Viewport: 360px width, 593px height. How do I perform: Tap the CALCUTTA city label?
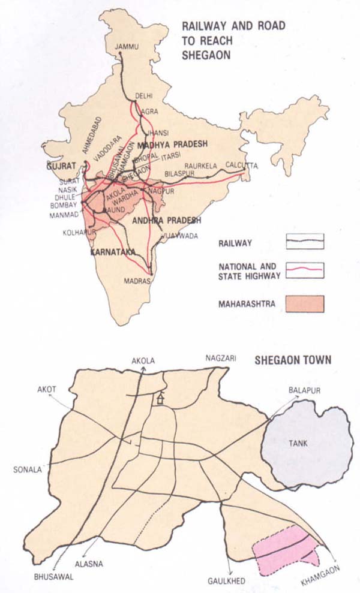[x=242, y=165]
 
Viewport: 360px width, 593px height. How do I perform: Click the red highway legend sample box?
[x=304, y=270]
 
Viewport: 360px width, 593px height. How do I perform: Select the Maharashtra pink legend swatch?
[x=304, y=303]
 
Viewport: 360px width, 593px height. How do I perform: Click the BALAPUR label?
[x=306, y=390]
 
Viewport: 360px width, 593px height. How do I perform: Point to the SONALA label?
[x=27, y=469]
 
